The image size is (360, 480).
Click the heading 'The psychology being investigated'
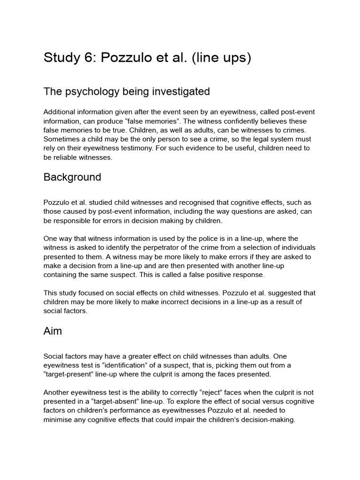[127, 92]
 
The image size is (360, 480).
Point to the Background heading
[72, 177]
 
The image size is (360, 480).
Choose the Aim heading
[52, 331]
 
